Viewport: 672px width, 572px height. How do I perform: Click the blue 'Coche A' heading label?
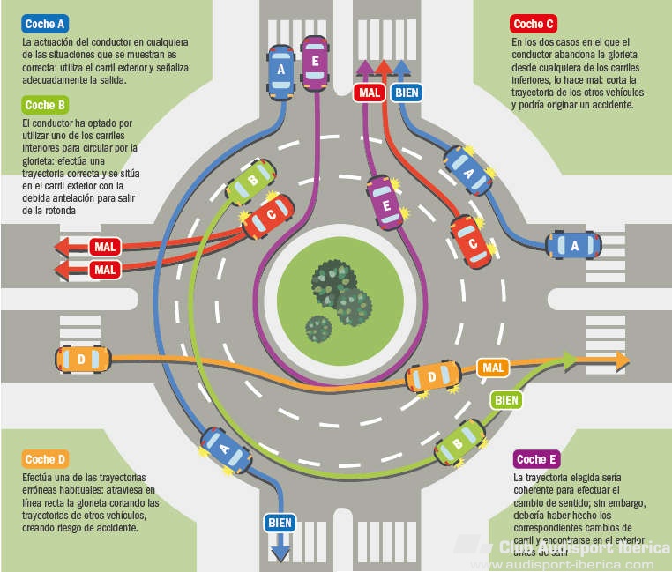point(45,24)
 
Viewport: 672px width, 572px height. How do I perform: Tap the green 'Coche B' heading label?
point(45,105)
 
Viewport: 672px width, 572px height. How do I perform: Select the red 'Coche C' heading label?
point(534,24)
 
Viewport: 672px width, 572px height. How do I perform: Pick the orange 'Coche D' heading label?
point(45,459)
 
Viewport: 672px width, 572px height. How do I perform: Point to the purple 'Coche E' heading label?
point(536,459)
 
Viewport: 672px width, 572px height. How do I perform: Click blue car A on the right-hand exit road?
point(574,246)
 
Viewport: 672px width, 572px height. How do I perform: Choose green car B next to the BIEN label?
point(461,441)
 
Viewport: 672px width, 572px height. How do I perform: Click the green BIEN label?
point(506,399)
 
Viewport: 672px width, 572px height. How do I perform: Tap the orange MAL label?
point(493,367)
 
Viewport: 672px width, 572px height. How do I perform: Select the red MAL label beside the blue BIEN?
point(369,91)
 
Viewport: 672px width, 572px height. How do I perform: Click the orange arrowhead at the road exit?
point(623,360)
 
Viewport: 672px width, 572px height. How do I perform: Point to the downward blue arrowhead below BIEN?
point(280,553)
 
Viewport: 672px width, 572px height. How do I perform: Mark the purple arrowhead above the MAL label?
point(364,67)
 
